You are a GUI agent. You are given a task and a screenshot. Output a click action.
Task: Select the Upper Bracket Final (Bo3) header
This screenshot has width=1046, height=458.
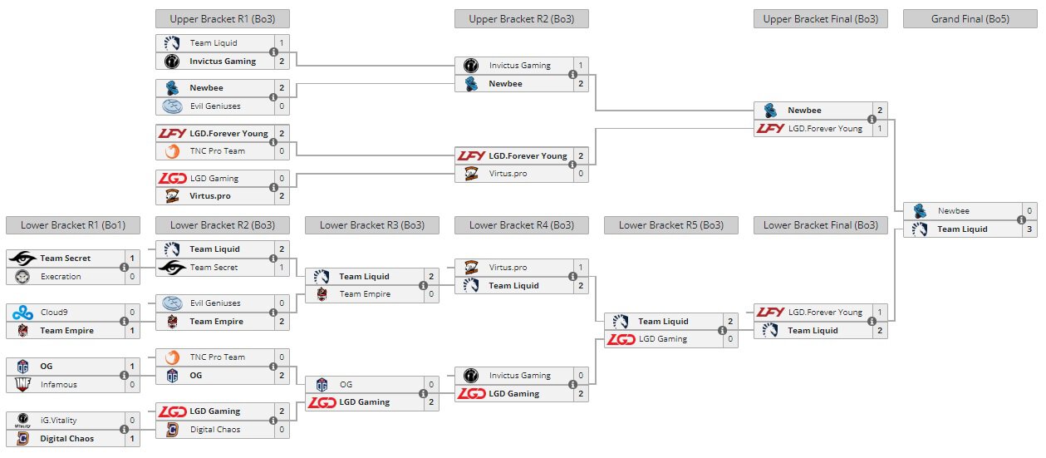pyautogui.click(x=820, y=19)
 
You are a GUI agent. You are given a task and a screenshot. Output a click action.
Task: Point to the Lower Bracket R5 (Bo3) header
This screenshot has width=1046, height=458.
pyautogui.click(x=670, y=225)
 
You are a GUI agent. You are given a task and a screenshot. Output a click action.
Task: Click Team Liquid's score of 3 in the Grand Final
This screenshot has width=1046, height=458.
pyautogui.click(x=1029, y=229)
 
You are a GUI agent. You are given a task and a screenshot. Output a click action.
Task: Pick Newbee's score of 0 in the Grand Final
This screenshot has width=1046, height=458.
pyautogui.click(x=1029, y=211)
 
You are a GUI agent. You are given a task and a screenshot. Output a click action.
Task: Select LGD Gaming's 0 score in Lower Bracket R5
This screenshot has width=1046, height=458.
pyautogui.click(x=730, y=339)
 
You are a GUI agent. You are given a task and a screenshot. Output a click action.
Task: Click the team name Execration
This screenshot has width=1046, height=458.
pyautogui.click(x=61, y=277)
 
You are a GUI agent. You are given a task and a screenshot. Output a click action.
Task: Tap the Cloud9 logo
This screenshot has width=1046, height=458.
pyautogui.click(x=22, y=313)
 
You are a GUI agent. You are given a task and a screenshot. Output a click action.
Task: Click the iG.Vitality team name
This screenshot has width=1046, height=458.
pyautogui.click(x=58, y=421)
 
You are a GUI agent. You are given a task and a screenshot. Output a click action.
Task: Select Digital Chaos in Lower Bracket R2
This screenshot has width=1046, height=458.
pyautogui.click(x=215, y=430)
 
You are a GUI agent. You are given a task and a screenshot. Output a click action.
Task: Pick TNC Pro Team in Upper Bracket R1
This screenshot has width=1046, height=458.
pyautogui.click(x=218, y=151)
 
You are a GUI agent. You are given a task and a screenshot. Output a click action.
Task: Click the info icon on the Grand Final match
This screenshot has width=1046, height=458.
pyautogui.click(x=1021, y=220)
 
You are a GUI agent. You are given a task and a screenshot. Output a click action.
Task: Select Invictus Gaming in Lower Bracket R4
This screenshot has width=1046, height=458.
pyautogui.click(x=519, y=376)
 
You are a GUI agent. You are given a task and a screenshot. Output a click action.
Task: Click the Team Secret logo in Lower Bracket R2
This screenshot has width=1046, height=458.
pyautogui.click(x=172, y=268)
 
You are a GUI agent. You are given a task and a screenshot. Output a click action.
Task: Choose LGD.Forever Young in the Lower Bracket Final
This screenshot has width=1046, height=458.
pyautogui.click(x=825, y=313)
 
